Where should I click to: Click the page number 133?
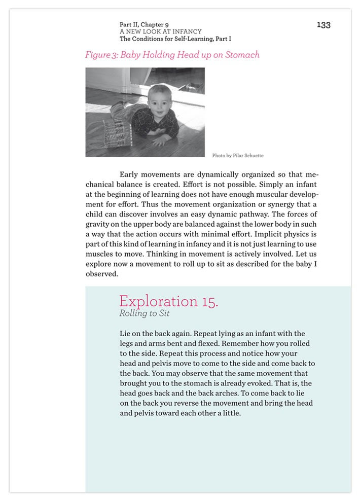pos(323,25)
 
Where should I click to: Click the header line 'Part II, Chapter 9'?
pos(145,24)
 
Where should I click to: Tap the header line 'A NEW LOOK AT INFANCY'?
pos(160,31)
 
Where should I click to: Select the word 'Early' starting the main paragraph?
pos(130,174)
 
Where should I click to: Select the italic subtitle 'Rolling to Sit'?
pos(144,314)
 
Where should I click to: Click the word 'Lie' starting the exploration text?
pos(125,334)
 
